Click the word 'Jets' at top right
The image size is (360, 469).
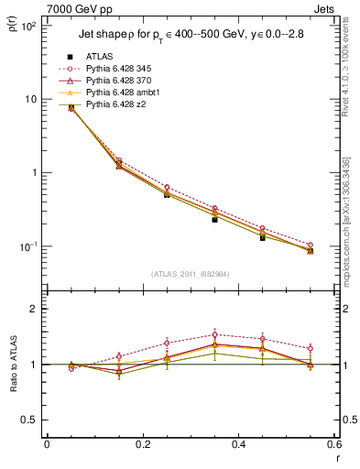click(x=325, y=8)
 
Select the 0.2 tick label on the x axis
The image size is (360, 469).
click(x=142, y=444)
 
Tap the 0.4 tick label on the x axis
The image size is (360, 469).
click(x=238, y=444)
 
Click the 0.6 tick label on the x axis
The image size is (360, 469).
click(x=333, y=444)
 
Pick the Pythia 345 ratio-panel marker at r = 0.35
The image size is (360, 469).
click(x=214, y=334)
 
